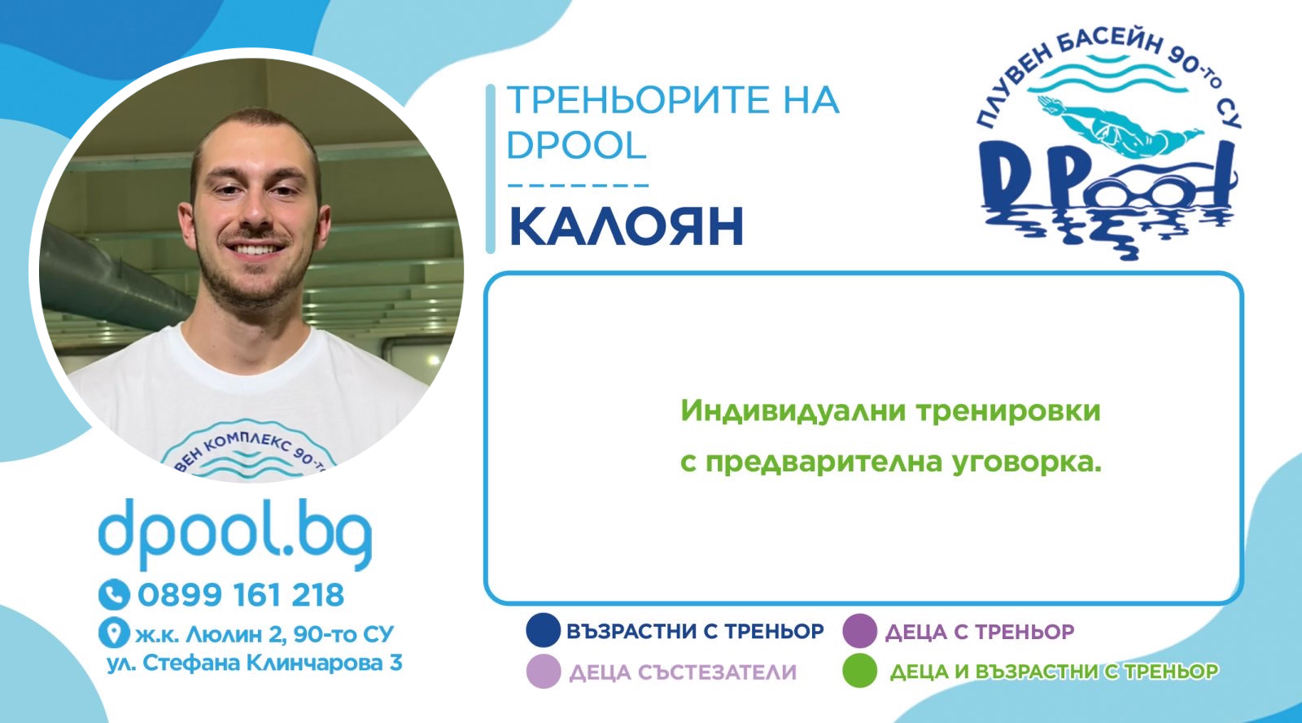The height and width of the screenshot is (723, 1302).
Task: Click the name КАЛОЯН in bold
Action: (626, 226)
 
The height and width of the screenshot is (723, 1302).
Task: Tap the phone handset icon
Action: (114, 594)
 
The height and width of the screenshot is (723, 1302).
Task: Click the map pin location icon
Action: (114, 633)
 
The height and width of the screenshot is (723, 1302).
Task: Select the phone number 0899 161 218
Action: (241, 595)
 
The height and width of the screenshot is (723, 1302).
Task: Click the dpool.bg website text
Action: (235, 533)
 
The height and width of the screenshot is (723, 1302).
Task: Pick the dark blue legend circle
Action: (543, 630)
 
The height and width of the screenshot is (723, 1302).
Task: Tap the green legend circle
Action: (859, 671)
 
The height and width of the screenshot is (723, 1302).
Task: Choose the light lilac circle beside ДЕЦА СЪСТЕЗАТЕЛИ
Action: (543, 671)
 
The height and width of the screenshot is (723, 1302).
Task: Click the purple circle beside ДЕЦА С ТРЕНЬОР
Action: (859, 630)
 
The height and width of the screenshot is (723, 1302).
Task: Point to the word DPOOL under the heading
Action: (577, 145)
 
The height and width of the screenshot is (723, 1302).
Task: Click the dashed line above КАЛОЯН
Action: (579, 186)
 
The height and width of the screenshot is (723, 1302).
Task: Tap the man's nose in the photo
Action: (256, 214)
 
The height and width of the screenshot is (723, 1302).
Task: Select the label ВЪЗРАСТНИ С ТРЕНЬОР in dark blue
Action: (695, 631)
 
